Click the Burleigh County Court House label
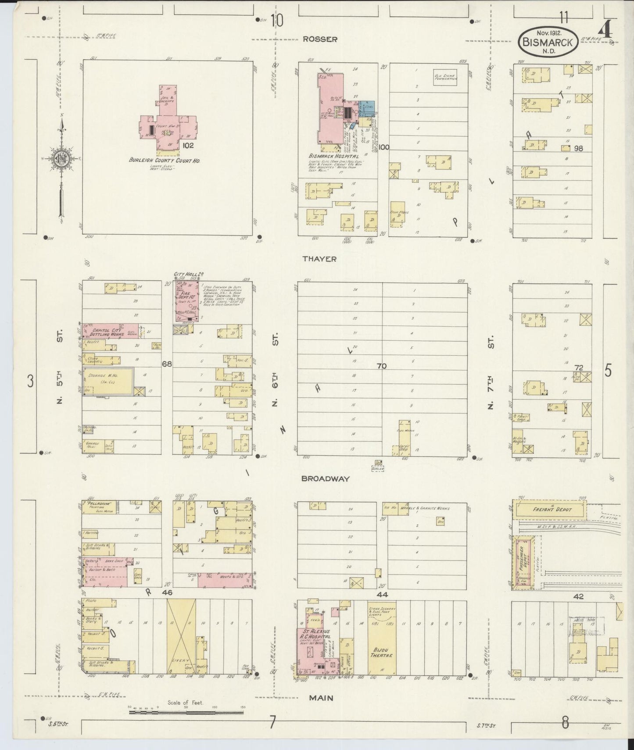click(x=165, y=161)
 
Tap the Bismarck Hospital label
click(x=333, y=156)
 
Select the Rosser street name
click(x=320, y=39)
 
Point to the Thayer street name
click(x=319, y=259)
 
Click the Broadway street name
click(x=325, y=479)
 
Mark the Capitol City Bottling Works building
click(x=110, y=332)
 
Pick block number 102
click(x=188, y=145)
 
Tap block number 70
click(x=381, y=365)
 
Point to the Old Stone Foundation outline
click(x=445, y=78)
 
